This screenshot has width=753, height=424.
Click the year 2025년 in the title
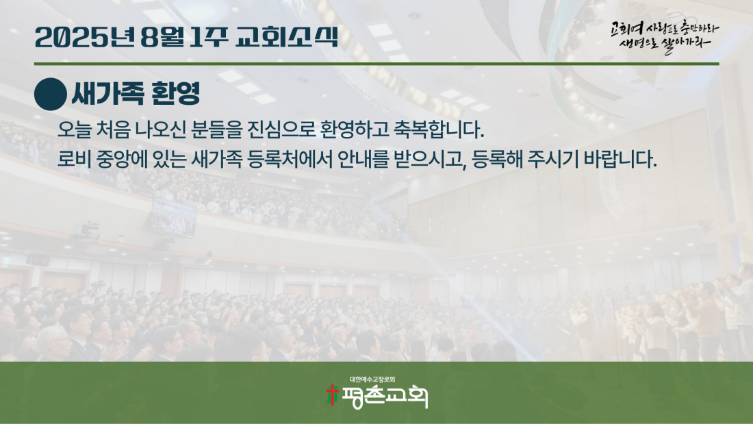point(84,37)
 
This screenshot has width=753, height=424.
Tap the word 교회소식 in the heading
point(287,37)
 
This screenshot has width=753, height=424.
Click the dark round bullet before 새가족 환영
point(51,95)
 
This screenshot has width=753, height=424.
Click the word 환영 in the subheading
point(175,93)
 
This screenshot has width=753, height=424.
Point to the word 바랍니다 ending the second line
point(620,159)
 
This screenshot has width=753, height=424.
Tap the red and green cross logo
point(332,395)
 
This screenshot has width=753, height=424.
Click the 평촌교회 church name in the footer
point(384,397)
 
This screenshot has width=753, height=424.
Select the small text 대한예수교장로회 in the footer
point(372,379)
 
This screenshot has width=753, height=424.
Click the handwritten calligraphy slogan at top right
point(665,36)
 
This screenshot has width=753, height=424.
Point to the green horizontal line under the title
point(376,64)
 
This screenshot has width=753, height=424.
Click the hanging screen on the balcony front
point(173,219)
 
